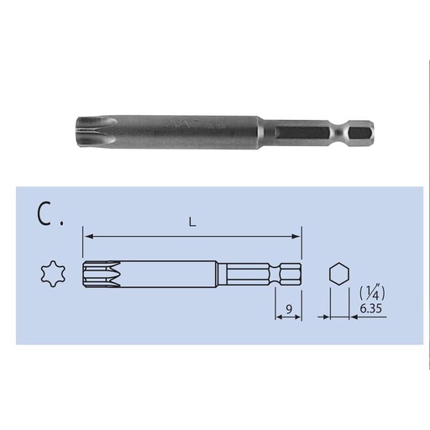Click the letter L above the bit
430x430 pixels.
[x=191, y=223]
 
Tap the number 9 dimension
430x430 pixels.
[x=288, y=311]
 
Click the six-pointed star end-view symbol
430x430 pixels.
[x=50, y=273]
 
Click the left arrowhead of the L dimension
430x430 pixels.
[x=87, y=237]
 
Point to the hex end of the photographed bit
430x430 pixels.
[x=362, y=133]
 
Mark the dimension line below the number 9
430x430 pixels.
[x=288, y=318]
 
